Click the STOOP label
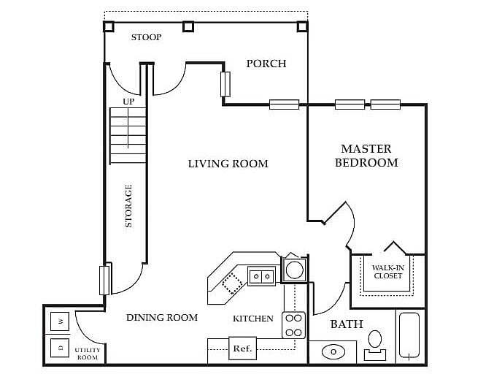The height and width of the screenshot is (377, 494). click(x=146, y=37)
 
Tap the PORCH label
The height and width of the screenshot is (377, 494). click(x=266, y=64)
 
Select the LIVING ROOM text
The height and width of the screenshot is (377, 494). click(x=228, y=164)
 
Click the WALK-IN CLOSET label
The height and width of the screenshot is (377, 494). click(x=387, y=272)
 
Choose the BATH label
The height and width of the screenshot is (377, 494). click(x=347, y=324)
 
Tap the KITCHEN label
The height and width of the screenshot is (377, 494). click(x=253, y=319)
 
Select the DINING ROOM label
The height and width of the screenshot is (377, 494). click(x=162, y=318)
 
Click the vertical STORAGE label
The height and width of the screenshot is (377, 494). click(x=129, y=205)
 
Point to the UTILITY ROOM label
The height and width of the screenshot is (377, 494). click(x=88, y=354)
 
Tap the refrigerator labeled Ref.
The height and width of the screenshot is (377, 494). click(x=242, y=349)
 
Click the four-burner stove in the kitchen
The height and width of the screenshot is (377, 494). click(x=293, y=325)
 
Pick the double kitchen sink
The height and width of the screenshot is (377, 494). click(x=261, y=275)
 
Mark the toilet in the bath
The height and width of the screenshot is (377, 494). click(x=375, y=343)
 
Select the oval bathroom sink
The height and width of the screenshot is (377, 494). click(x=333, y=351)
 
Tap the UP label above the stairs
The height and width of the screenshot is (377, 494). click(x=128, y=102)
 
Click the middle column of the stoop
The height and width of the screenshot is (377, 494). click(x=188, y=27)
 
